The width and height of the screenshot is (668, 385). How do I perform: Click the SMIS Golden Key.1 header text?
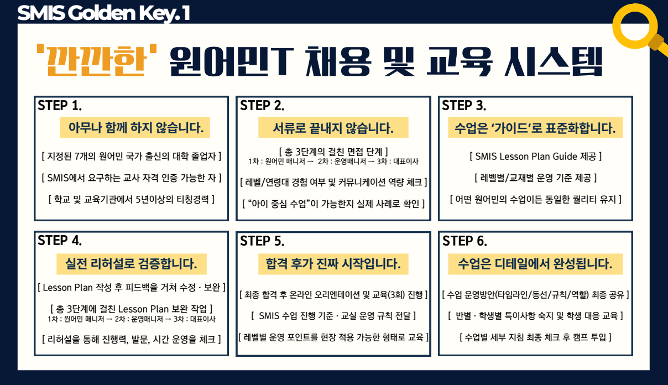(103, 14)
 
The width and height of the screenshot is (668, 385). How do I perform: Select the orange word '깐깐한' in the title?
(97, 60)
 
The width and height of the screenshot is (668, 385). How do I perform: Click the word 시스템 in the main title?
(554, 62)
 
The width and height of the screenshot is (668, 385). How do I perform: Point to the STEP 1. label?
(60, 106)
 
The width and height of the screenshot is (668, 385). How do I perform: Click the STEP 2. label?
(262, 106)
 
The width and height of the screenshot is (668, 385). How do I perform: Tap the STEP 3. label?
(464, 106)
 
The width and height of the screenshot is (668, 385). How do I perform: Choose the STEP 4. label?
(60, 241)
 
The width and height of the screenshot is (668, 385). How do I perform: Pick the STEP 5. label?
(262, 241)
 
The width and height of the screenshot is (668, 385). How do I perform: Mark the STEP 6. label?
(465, 241)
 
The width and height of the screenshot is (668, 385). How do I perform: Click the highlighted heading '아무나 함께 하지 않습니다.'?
(135, 128)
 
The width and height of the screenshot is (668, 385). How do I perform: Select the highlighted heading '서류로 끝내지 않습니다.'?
(333, 128)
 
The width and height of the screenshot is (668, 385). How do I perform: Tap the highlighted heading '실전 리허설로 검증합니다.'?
(132, 264)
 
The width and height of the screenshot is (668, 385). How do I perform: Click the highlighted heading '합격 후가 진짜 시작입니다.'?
(333, 264)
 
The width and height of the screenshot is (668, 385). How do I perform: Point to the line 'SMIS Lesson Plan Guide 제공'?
(536, 156)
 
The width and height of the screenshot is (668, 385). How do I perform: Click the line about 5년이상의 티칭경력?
(132, 199)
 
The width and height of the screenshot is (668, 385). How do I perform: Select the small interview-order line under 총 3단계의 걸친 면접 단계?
(333, 162)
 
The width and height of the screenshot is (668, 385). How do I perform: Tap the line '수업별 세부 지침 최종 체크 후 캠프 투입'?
(536, 337)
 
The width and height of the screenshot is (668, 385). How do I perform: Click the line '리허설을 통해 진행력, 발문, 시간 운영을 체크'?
(132, 339)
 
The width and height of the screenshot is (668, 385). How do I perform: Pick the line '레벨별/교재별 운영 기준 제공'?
(536, 178)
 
